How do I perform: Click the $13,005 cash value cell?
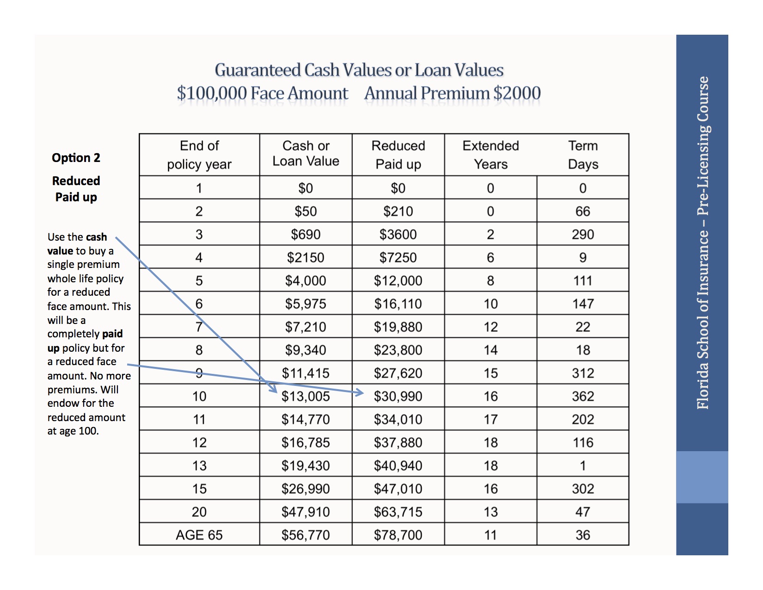[x=306, y=396]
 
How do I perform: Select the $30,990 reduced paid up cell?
[x=398, y=396]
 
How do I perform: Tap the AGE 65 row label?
[x=199, y=535]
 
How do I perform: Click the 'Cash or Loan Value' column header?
[x=306, y=154]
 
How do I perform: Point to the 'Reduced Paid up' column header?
[x=398, y=155]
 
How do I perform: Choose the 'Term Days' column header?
[x=583, y=155]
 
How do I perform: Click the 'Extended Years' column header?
[x=491, y=155]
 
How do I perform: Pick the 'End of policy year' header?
[x=199, y=155]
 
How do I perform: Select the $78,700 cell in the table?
[x=398, y=535]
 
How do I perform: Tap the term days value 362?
[x=583, y=396]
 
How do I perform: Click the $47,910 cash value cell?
[x=306, y=512]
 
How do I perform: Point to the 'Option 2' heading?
[x=76, y=158]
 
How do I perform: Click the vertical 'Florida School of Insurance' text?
[x=702, y=243]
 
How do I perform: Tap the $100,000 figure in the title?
[x=212, y=93]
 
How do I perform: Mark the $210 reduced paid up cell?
[x=398, y=211]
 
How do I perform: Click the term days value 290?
[x=583, y=235]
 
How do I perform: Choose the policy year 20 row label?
[x=199, y=512]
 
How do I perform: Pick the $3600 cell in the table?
[x=398, y=235]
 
